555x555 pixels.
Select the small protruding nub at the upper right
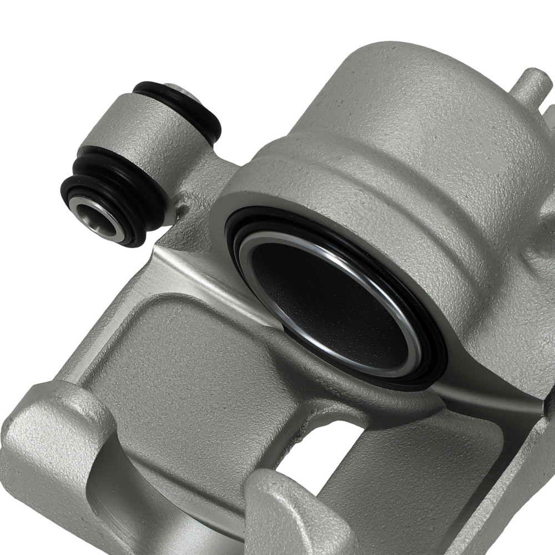530,83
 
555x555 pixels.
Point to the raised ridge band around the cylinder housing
355,178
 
